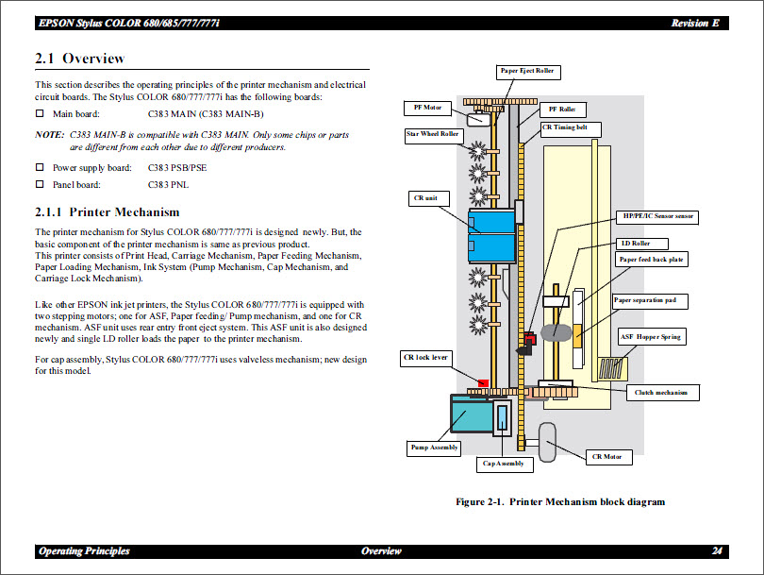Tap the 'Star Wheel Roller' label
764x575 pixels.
pyautogui.click(x=432, y=135)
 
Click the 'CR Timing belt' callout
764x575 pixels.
pyautogui.click(x=571, y=127)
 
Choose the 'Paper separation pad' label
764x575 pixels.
pyautogui.click(x=650, y=301)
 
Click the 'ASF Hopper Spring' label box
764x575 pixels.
pyautogui.click(x=650, y=337)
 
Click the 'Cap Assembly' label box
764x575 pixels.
pyautogui.click(x=503, y=464)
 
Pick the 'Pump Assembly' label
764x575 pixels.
pyautogui.click(x=434, y=448)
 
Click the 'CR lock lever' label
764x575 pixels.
pyautogui.click(x=425, y=358)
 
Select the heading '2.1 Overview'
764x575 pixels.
pyautogui.click(x=80, y=59)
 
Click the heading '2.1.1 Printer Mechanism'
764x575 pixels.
pyautogui.click(x=107, y=211)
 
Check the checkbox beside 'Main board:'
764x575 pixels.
pyautogui.click(x=40, y=114)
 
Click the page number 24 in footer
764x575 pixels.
pyautogui.click(x=717, y=551)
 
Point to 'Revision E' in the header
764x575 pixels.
pyautogui.click(x=696, y=23)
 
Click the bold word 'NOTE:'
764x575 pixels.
pyautogui.click(x=49, y=135)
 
